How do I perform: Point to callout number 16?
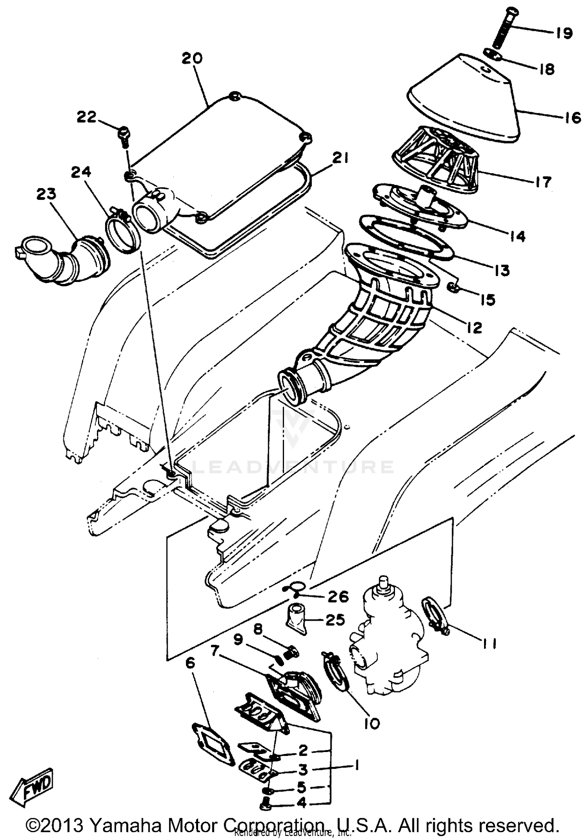tap(573, 118)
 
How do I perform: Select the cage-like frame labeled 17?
tap(438, 160)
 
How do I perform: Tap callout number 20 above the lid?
tap(192, 58)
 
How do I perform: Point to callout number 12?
tap(474, 328)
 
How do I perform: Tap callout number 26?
tap(338, 596)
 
